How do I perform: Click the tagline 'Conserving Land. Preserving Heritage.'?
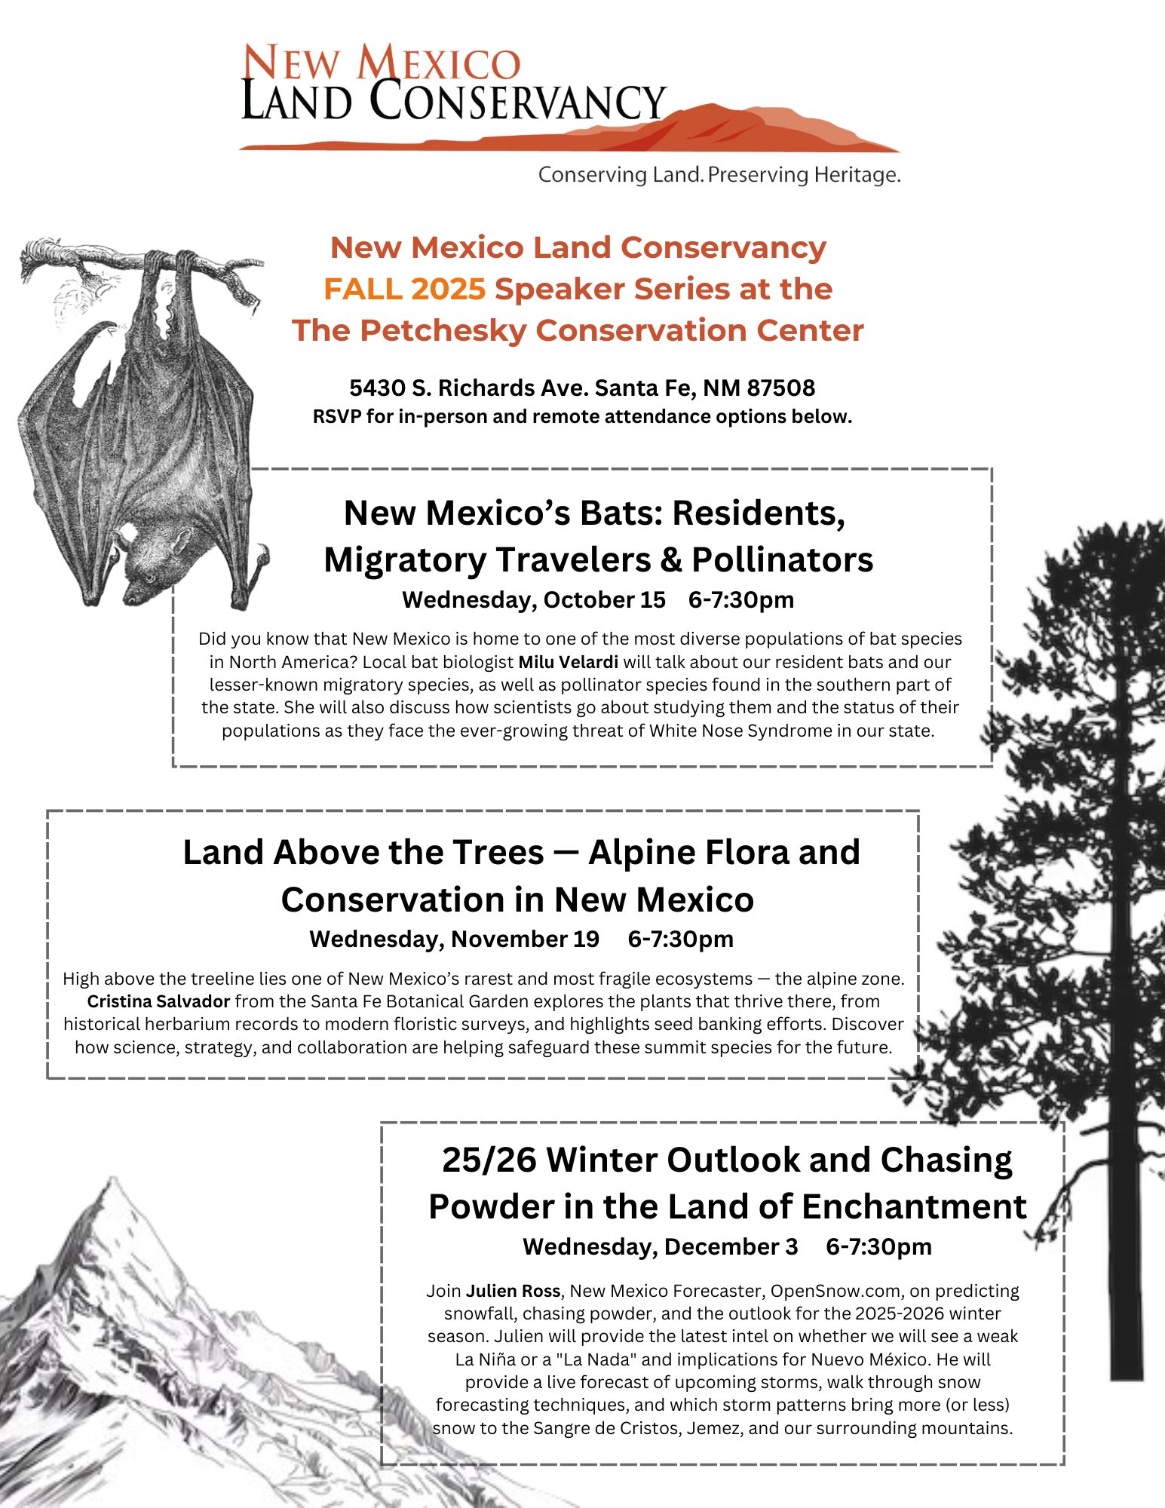pyautogui.click(x=719, y=175)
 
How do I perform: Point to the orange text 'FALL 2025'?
pyautogui.click(x=404, y=289)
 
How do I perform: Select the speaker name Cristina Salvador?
pyautogui.click(x=158, y=1001)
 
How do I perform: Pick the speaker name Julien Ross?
pyautogui.click(x=513, y=1290)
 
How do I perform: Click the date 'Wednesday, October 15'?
pyautogui.click(x=533, y=599)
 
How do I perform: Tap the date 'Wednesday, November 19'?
pyautogui.click(x=454, y=939)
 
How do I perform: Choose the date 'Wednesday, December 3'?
pyautogui.click(x=660, y=1246)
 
